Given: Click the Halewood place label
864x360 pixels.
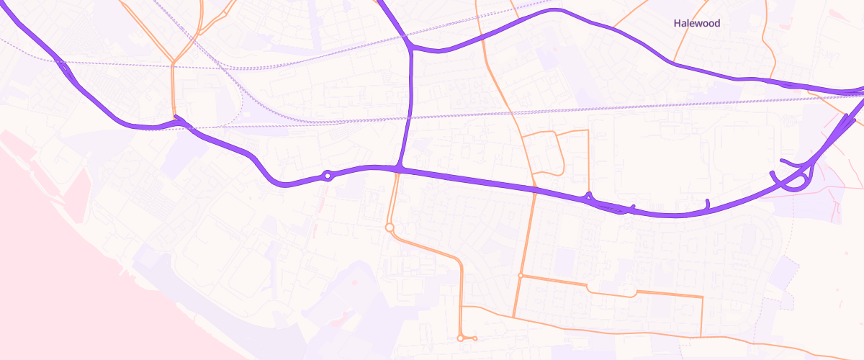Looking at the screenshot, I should pos(696,23).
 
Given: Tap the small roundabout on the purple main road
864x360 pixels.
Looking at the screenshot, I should pos(328,175).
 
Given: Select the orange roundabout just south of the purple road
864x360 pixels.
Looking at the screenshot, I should pos(390,228).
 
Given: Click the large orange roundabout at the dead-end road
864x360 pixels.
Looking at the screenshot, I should pos(460,338).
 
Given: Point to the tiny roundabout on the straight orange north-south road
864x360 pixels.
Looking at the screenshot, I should pos(520,275).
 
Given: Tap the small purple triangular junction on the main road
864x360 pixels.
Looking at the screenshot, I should pos(589,195).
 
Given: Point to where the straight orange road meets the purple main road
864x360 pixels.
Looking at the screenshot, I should pos(535,189).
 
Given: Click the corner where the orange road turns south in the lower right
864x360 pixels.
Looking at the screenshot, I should pos(702,297).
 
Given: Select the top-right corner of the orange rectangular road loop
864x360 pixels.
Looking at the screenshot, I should pos(588,131).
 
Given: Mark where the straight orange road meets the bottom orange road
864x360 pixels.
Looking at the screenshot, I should pos(513,317).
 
